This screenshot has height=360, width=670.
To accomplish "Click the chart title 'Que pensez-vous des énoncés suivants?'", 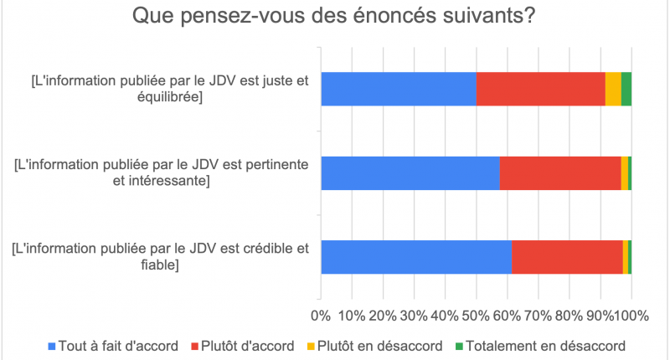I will point(334,17).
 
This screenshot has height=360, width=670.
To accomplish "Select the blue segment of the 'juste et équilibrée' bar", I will point(399,89).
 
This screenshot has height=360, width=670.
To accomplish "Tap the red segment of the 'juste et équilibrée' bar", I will point(540,89).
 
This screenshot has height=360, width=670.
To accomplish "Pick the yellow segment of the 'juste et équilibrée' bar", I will point(613,89).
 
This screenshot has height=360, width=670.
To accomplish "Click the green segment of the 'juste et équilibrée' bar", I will point(626,89).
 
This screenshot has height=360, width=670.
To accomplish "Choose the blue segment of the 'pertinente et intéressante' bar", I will point(410,172).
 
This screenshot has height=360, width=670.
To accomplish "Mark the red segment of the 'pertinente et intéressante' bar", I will point(560,172).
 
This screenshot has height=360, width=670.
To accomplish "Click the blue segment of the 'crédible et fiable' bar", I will point(416,256).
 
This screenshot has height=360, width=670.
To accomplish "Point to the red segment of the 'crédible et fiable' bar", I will point(567,256).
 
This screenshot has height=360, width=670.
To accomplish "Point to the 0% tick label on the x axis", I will point(321,316).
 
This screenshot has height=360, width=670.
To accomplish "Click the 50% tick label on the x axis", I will point(476,316).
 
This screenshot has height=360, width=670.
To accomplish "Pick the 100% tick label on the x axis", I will point(631,316).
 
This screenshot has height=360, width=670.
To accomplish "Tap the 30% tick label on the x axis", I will point(414,316).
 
